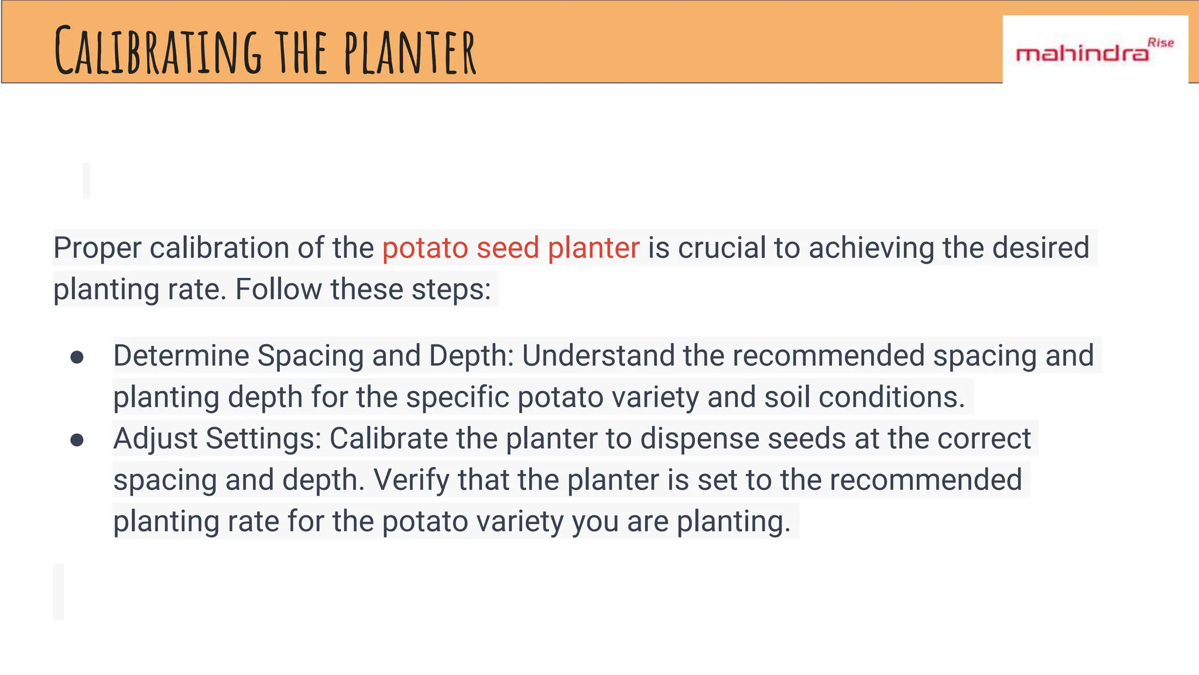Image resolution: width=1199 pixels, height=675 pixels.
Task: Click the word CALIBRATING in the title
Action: coord(158,52)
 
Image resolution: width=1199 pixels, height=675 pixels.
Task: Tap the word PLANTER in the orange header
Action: coord(410,53)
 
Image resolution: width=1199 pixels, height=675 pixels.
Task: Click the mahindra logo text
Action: coord(1082,54)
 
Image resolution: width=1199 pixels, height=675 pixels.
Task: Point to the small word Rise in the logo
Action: coord(1160,43)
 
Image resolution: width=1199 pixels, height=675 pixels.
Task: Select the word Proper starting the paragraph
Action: coord(97,248)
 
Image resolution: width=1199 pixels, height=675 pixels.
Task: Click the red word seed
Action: coord(508,248)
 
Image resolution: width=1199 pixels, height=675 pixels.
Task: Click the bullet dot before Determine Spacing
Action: coord(77,357)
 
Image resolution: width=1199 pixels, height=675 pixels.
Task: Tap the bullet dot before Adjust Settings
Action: coord(77,439)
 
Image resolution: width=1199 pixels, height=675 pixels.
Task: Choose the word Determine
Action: coord(181,356)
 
